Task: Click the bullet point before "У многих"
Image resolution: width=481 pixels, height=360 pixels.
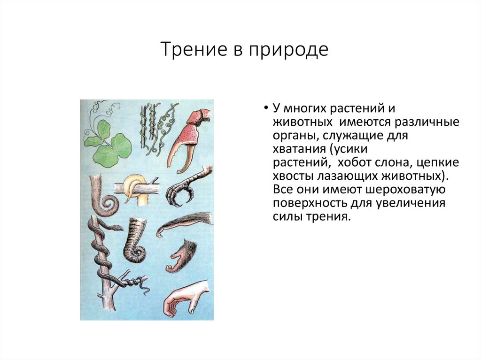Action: pyautogui.click(x=265, y=108)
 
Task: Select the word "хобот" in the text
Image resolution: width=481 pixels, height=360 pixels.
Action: pyautogui.click(x=346, y=162)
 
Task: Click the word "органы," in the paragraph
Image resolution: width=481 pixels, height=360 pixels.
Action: pyautogui.click(x=292, y=136)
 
